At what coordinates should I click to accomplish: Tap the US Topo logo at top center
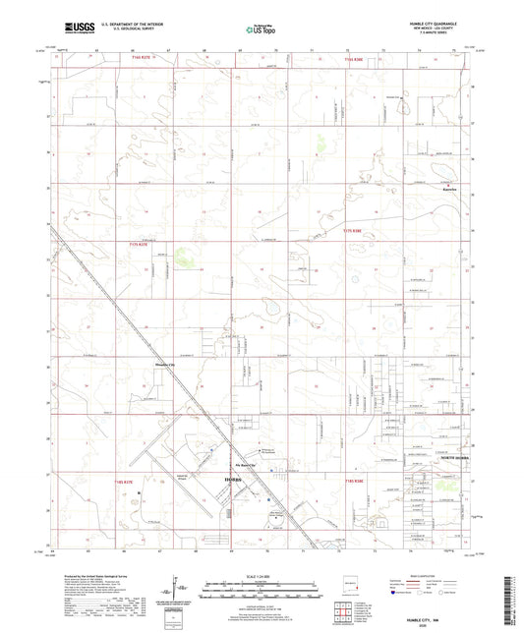(261, 30)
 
